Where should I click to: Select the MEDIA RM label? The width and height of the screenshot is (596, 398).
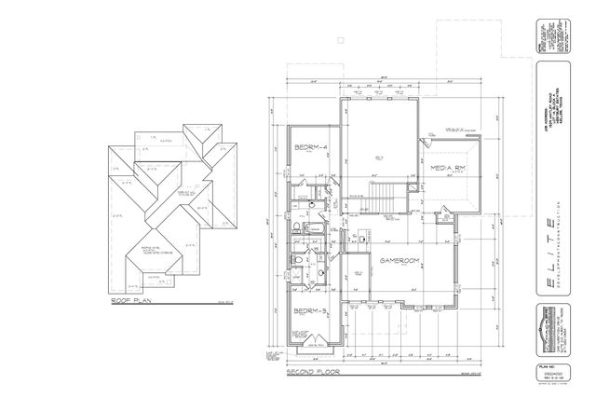coord(448,168)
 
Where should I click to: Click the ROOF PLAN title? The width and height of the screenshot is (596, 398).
coord(131,301)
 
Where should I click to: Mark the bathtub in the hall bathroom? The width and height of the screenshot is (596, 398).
coord(312,230)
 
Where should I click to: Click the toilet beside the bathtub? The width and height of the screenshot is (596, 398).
coord(294,229)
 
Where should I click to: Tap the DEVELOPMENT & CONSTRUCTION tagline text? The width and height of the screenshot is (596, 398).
coord(565,252)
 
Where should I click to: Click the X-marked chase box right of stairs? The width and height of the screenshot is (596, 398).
coord(412,197)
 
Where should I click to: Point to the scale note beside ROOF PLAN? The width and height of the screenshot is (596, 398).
coord(221,303)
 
